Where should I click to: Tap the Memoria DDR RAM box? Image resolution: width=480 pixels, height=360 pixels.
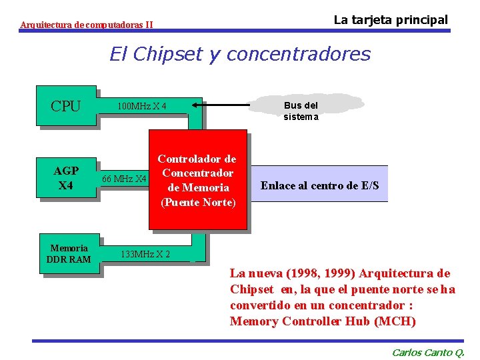click(69, 253)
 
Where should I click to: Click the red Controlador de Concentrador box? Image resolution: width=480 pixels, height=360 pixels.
click(197, 180)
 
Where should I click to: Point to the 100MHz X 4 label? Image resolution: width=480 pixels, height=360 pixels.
click(141, 106)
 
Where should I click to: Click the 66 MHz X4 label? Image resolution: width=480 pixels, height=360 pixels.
click(124, 179)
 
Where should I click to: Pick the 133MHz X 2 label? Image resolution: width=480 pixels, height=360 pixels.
click(145, 254)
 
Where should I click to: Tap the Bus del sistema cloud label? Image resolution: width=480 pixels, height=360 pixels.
click(301, 111)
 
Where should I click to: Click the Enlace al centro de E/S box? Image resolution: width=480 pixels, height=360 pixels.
click(319, 185)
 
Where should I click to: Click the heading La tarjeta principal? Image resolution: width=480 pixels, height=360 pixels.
click(391, 19)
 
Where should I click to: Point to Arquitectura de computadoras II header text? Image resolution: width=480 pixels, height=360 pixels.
click(86, 25)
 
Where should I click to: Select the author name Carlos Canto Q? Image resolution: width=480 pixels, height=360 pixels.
click(427, 353)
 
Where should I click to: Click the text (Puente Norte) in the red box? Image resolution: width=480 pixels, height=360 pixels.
click(198, 202)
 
